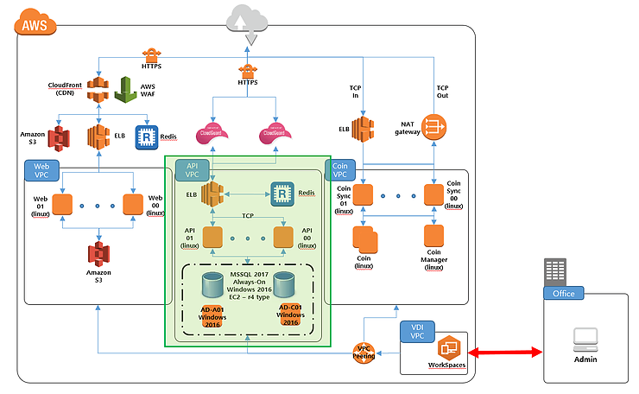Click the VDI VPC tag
417,333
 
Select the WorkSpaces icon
449,349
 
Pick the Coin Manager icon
434,235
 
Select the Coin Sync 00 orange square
433,193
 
